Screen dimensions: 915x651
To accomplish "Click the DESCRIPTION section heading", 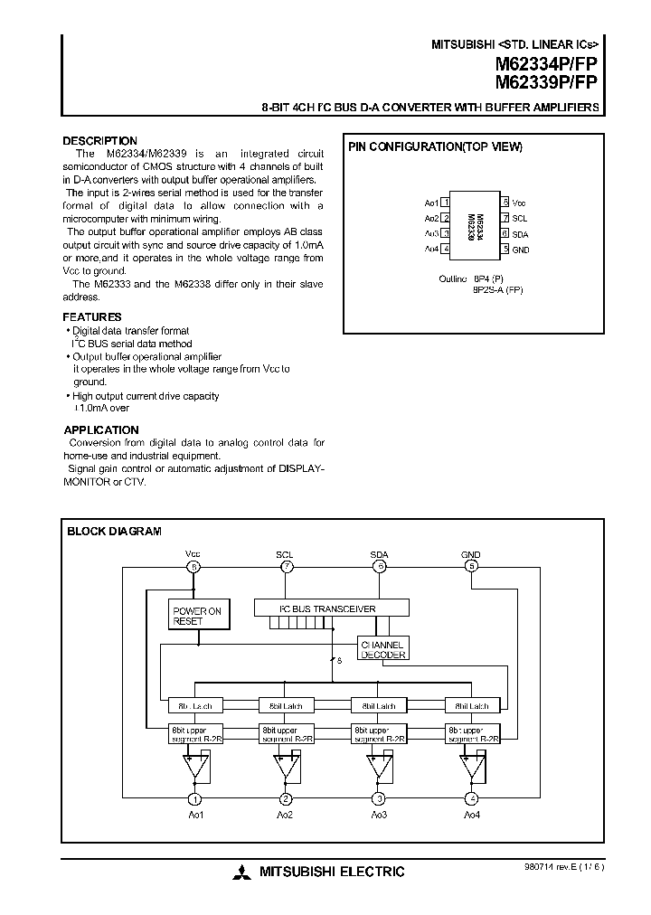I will point(99,141).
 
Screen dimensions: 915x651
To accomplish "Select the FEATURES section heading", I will point(91,317).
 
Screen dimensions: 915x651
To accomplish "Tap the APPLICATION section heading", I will point(100,430).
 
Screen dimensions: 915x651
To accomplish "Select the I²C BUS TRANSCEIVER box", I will point(332,608).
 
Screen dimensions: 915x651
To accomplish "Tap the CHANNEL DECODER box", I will point(384,648).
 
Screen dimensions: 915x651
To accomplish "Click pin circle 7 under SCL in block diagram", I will point(286,567).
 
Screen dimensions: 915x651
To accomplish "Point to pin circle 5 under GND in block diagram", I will point(470,567).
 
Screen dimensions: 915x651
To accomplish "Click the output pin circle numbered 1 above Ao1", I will point(193,798).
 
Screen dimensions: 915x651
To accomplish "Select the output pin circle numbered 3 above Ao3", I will point(378,798).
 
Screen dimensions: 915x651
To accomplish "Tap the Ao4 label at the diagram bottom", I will point(471,816).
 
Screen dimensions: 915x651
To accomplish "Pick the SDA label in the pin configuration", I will point(520,233).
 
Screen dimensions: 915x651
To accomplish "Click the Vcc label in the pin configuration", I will point(519,203).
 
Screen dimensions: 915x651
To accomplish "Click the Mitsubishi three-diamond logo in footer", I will point(241,873).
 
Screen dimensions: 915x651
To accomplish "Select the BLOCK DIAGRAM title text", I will point(114,532).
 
